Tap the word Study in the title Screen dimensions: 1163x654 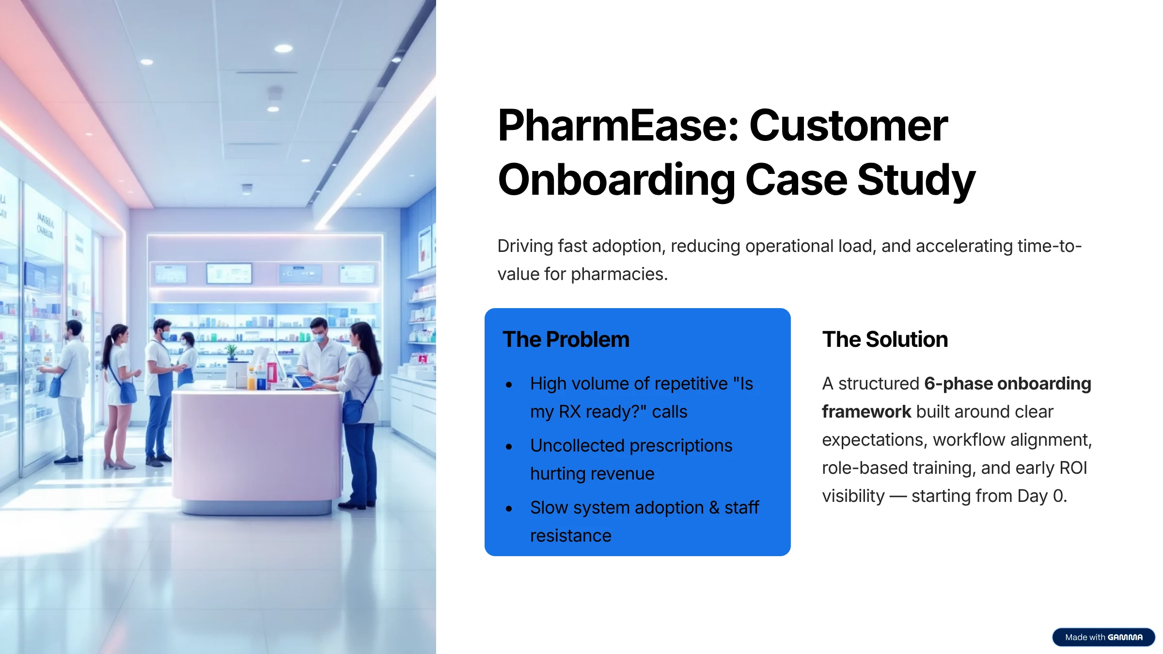[916, 181]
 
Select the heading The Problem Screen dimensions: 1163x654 [566, 339]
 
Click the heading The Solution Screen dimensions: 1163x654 [885, 339]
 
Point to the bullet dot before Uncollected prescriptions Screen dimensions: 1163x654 [509, 447]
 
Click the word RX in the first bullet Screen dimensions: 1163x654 [569, 412]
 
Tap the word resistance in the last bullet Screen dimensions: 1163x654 [571, 536]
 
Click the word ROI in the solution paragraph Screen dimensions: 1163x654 [1073, 468]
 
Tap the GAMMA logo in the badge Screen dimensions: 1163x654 [1125, 638]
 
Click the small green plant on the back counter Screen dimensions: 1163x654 [232, 352]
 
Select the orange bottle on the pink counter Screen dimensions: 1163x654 [251, 379]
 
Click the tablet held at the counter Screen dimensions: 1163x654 [304, 382]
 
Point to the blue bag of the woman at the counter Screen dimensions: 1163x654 [353, 411]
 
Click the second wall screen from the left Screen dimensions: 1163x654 [229, 273]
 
